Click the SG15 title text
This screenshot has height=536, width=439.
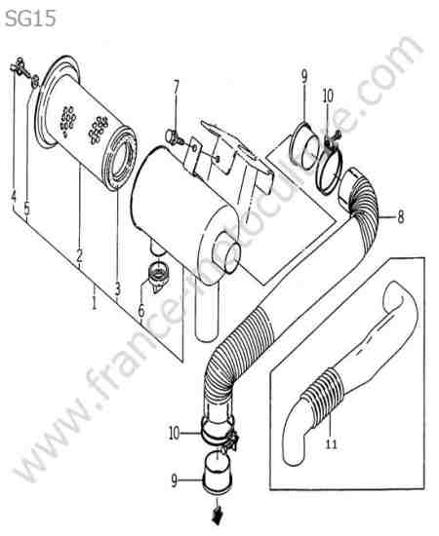coord(30,19)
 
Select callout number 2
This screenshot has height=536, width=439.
coord(79,255)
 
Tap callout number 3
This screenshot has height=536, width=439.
coord(118,288)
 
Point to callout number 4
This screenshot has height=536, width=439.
coord(14,197)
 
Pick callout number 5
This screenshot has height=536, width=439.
coord(26,209)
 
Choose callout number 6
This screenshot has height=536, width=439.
coord(141,311)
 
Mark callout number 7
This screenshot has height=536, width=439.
coord(176,87)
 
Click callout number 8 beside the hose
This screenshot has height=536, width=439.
coord(401,216)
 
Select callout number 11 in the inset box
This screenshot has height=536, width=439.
coord(331,444)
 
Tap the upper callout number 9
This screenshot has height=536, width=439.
coord(304,77)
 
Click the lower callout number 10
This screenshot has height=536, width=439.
coord(175,434)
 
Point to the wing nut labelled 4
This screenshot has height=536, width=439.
coord(18,65)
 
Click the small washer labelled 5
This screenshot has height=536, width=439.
coord(35,81)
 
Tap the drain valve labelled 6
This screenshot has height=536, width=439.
coord(158,276)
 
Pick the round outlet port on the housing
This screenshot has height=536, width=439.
coord(226,252)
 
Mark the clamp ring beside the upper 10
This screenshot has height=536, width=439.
coord(329,170)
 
